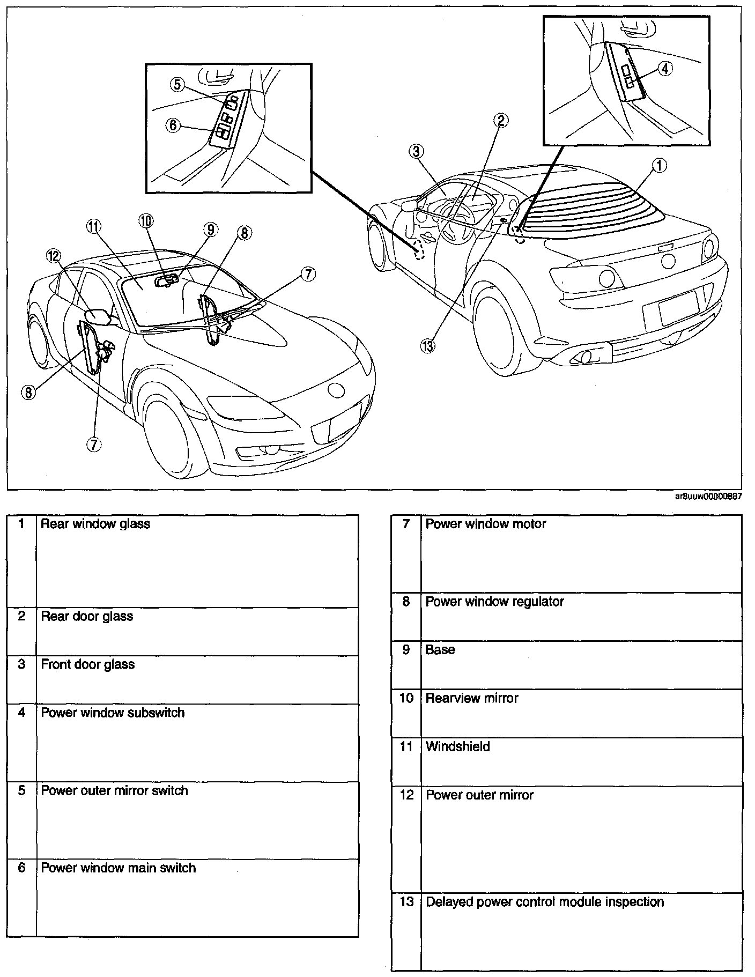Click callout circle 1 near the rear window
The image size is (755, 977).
tap(659, 166)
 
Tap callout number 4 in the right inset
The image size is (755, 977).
tap(664, 69)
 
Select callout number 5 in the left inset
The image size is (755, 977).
tap(178, 84)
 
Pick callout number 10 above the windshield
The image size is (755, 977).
tap(146, 220)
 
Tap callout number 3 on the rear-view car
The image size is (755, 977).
tap(416, 152)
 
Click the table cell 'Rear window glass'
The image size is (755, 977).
tap(95, 524)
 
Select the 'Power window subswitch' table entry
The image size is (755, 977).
tap(113, 713)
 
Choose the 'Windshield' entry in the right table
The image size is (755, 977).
tap(457, 746)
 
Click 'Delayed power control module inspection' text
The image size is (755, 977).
tap(544, 902)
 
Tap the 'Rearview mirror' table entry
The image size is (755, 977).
tap(472, 698)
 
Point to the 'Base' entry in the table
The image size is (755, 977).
tap(440, 650)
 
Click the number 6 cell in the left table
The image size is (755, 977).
tap(21, 868)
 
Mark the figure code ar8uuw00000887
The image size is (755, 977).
tap(708, 497)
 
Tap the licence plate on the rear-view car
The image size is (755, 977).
tap(679, 308)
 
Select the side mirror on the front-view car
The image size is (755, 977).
tap(100, 317)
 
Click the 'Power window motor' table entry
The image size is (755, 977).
tap(485, 524)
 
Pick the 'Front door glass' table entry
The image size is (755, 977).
tap(88, 664)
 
